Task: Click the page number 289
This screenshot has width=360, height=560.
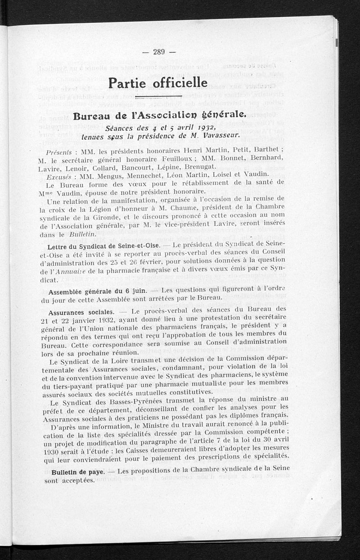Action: tap(158, 52)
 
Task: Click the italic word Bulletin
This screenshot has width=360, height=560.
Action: tap(83, 234)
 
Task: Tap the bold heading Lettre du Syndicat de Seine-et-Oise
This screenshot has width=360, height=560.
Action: tap(101, 247)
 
